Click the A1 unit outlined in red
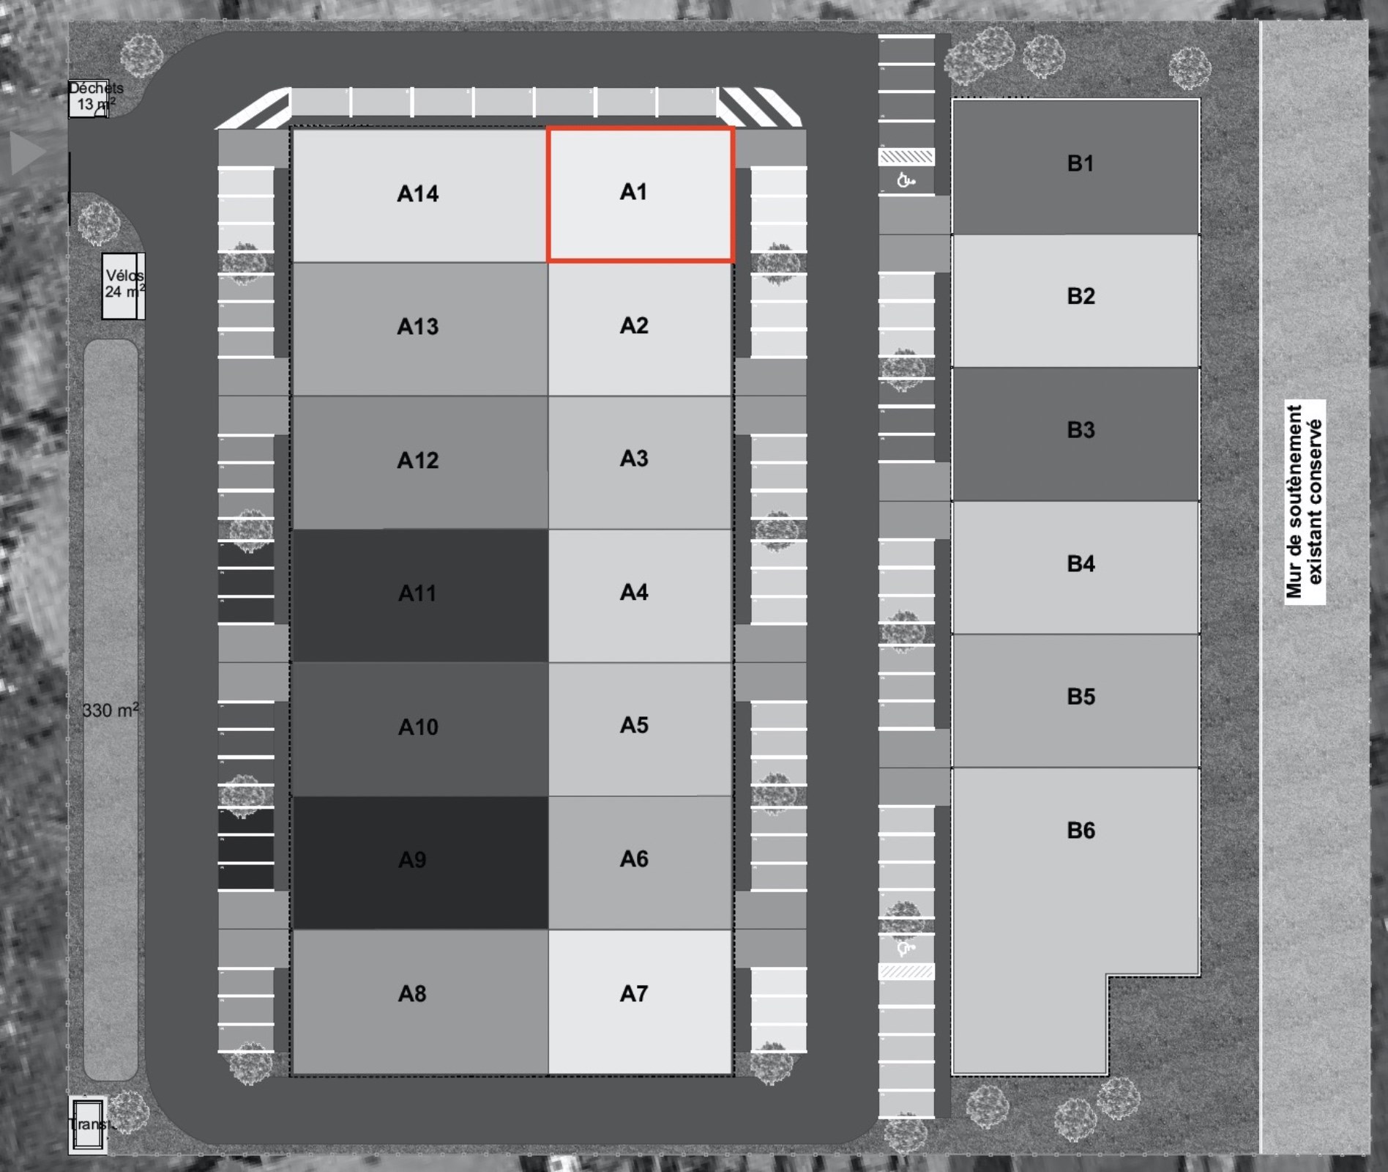640,194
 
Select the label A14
417,194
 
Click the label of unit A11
417,593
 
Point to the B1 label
1080,163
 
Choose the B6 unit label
1081,831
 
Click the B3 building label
1081,430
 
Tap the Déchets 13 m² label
95,96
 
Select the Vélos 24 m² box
123,286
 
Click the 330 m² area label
110,711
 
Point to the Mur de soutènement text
1305,502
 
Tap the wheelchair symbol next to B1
906,179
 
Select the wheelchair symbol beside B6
906,949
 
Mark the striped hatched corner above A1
758,107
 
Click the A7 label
634,994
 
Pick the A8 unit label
412,994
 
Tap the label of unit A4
634,593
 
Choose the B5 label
1081,697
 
